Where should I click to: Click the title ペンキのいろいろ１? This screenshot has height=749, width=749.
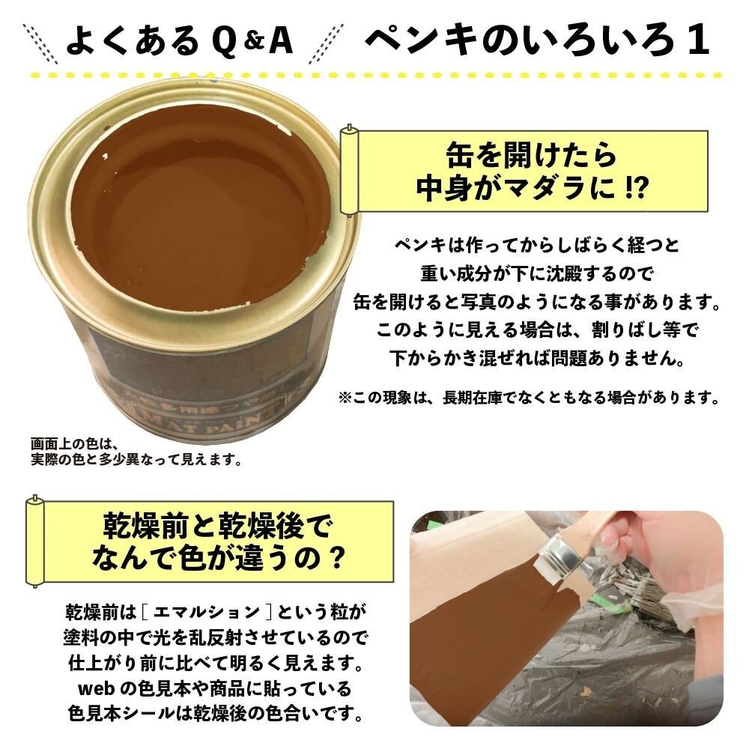tap(536, 40)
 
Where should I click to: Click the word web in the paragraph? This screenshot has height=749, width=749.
tap(95, 688)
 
